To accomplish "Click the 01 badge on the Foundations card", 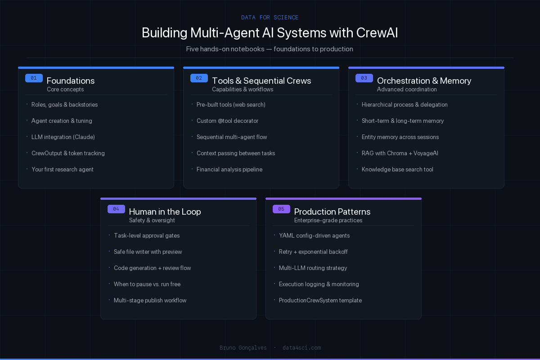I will [x=34, y=78].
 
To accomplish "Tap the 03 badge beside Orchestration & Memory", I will [x=364, y=78].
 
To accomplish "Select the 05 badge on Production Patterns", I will [x=281, y=209].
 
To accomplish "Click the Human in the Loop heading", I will [x=165, y=211].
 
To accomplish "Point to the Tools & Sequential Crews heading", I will [x=261, y=81].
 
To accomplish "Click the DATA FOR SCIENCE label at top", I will [x=270, y=18].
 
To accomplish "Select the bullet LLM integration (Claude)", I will [x=63, y=137].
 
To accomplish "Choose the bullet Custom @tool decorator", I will [x=227, y=121].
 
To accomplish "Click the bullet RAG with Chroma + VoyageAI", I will [x=400, y=153].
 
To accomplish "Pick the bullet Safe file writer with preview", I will [x=148, y=252].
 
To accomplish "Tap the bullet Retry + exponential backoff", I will [x=313, y=252].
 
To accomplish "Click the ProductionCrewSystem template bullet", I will [x=320, y=300].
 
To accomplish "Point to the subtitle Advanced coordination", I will [x=407, y=89].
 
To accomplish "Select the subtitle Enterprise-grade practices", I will [x=328, y=220].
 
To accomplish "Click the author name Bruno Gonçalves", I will [x=243, y=347].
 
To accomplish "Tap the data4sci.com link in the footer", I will [x=301, y=347].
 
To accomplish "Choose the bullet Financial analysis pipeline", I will [x=229, y=169].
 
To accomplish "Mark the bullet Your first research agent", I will [x=63, y=169].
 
